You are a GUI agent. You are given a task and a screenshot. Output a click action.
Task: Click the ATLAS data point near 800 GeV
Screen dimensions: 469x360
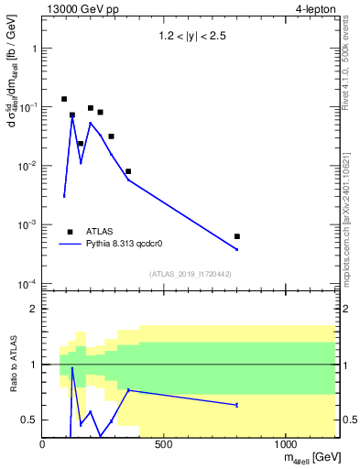pyautogui.click(x=237, y=236)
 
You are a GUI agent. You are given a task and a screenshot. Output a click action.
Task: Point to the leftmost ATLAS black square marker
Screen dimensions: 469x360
pyautogui.click(x=64, y=99)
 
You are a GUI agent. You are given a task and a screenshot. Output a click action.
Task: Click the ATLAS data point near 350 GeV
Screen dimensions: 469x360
pyautogui.click(x=128, y=171)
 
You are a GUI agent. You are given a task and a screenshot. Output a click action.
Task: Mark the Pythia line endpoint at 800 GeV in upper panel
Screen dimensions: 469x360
pyautogui.click(x=237, y=249)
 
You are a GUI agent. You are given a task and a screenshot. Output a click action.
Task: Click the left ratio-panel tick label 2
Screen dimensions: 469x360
pyautogui.click(x=34, y=310)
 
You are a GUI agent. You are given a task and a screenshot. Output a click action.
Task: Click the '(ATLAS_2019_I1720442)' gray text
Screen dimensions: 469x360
pyautogui.click(x=189, y=274)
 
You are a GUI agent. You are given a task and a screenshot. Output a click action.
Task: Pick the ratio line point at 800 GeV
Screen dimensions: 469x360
pyautogui.click(x=237, y=405)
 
